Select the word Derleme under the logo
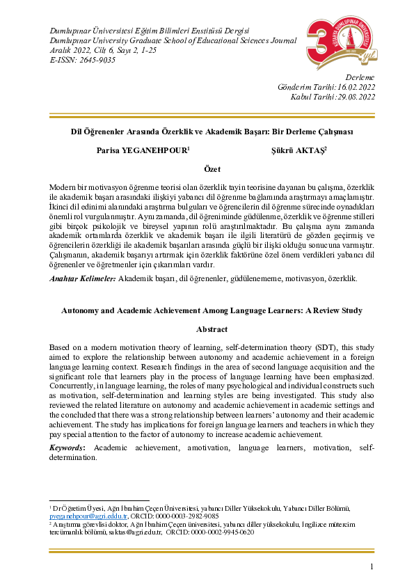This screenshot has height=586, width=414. click(x=360, y=77)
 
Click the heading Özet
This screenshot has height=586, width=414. click(x=212, y=169)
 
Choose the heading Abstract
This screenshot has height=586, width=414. click(x=212, y=328)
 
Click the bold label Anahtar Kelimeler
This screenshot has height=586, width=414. click(x=83, y=278)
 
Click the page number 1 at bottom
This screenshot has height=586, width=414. click(x=372, y=567)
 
